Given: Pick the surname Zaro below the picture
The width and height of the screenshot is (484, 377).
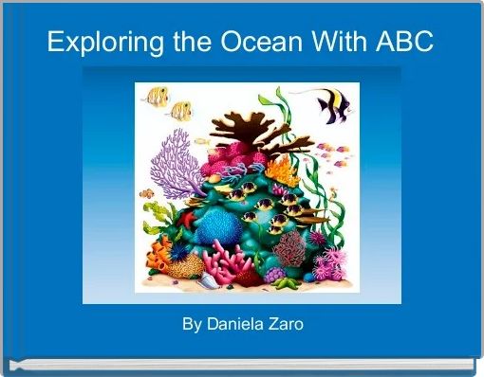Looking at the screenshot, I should (x=286, y=325).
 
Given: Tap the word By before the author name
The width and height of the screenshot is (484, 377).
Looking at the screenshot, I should (x=192, y=325).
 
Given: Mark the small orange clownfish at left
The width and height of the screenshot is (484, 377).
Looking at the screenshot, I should (x=147, y=194).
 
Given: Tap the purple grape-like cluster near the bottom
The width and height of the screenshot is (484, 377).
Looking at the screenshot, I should (x=274, y=275).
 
